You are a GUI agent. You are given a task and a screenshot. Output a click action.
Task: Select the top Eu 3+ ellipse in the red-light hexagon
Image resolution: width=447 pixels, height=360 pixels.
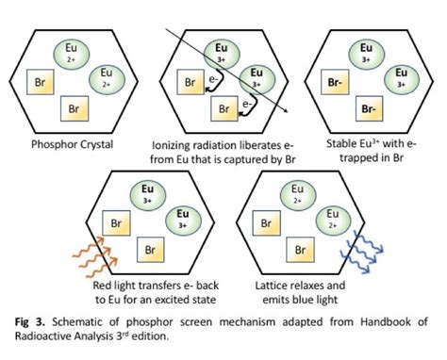coord(149,196)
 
